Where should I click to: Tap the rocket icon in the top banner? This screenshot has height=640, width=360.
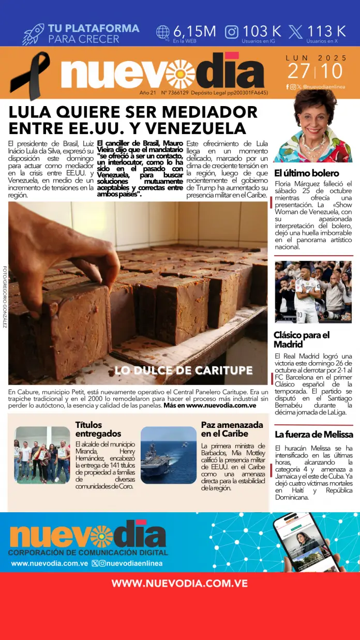tap(33, 34)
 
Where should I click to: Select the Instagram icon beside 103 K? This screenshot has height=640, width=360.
tap(231, 32)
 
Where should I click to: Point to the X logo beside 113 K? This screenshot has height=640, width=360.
tap(295, 32)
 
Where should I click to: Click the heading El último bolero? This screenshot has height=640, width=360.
tap(306, 173)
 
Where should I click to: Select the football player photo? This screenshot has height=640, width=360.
tap(313, 292)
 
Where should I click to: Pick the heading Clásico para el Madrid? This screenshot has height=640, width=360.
tap(302, 339)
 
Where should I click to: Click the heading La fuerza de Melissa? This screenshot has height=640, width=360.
tap(313, 434)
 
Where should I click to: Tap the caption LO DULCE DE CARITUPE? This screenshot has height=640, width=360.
tap(183, 370)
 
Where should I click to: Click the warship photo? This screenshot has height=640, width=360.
tap(169, 455)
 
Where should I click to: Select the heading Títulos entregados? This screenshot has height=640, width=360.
tap(98, 429)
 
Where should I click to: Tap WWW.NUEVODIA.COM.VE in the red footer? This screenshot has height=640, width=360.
tap(179, 584)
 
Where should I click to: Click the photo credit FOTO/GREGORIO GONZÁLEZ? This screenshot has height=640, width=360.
tap(5, 296)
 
